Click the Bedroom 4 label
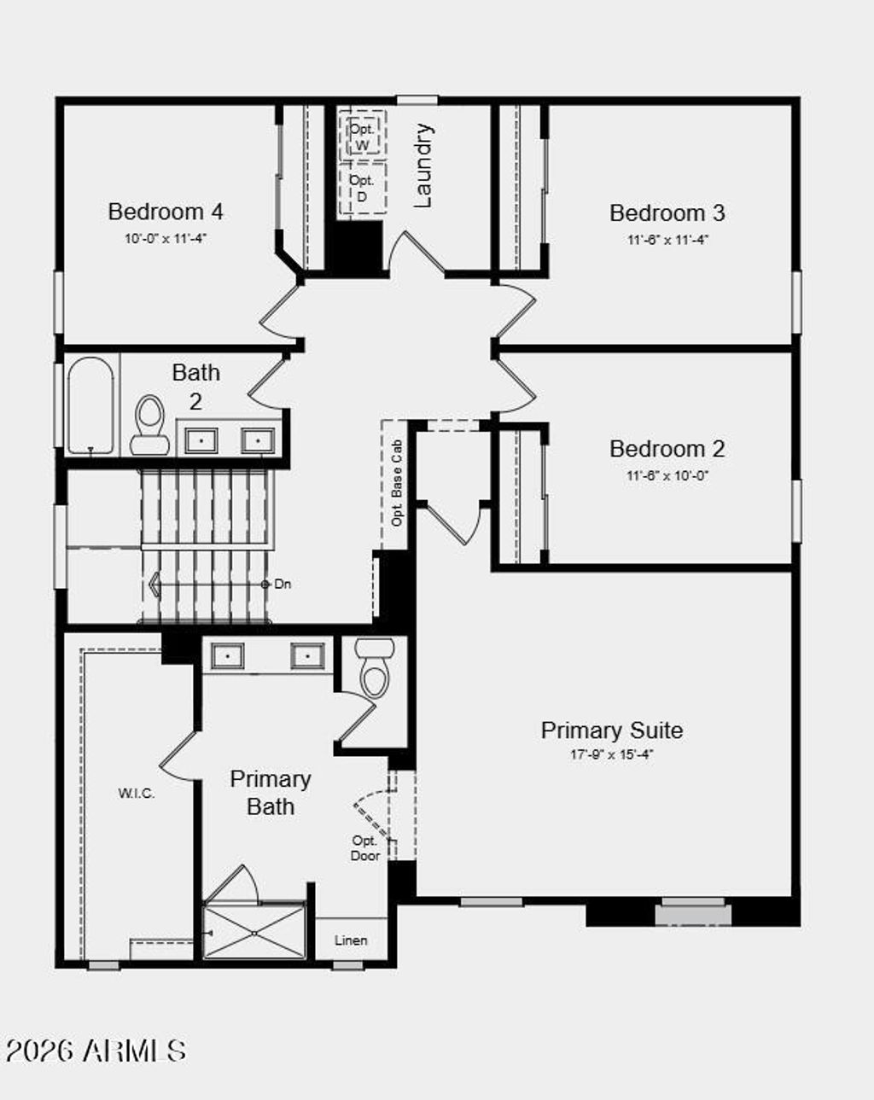(166, 211)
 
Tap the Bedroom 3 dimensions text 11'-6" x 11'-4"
(667, 240)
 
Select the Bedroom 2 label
(667, 448)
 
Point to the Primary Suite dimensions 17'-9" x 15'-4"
(611, 754)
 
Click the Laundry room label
(423, 166)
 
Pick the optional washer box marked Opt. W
(363, 136)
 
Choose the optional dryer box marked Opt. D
(362, 188)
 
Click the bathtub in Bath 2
(90, 405)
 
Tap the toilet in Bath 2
(150, 424)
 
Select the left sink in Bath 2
(201, 440)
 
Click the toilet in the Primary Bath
(375, 668)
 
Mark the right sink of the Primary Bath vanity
(306, 656)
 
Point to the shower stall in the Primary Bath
(254, 932)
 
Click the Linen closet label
(351, 940)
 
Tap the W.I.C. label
(137, 793)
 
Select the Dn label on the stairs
(282, 585)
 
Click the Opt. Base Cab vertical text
(397, 483)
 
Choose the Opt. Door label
(364, 847)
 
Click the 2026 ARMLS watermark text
(96, 1051)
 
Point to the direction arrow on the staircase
(155, 585)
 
